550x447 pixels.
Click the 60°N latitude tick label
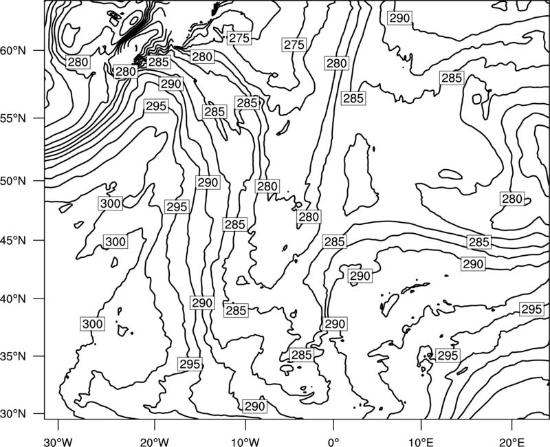(13, 50)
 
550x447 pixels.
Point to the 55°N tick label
(13, 118)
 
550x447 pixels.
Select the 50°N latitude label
(13, 181)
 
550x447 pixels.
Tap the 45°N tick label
(13, 240)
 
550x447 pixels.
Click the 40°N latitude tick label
(13, 298)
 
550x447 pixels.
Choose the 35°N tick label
(13, 356)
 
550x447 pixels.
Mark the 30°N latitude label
(13, 414)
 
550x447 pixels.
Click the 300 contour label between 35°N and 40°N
(93, 324)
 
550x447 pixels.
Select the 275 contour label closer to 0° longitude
(294, 45)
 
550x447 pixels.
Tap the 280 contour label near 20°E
(512, 199)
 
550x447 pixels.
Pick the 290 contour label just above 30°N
(254, 406)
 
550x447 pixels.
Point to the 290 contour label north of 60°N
(400, 18)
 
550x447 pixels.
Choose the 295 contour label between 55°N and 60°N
(156, 106)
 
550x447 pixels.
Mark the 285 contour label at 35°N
(301, 355)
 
